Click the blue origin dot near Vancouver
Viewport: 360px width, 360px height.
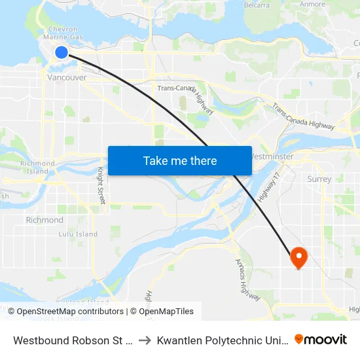(x=61, y=52)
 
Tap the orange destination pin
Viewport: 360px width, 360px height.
(x=298, y=257)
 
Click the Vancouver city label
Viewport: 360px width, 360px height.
(x=67, y=77)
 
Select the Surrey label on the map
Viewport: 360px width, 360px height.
(x=319, y=179)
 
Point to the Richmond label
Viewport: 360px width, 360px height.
(x=45, y=220)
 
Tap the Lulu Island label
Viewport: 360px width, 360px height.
(x=78, y=234)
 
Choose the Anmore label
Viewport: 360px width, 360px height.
(x=312, y=4)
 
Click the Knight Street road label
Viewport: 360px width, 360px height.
(x=101, y=186)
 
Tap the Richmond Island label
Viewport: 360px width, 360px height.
(x=37, y=167)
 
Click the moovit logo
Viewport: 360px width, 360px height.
(x=320, y=339)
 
